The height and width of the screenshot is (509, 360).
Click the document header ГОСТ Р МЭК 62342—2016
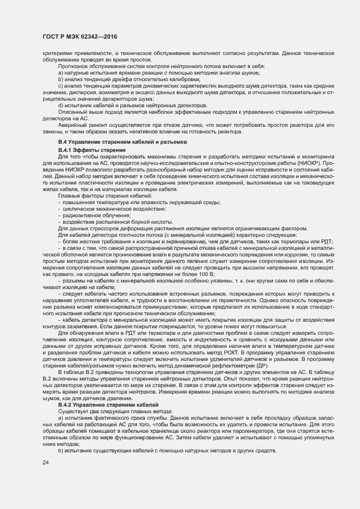click(79, 36)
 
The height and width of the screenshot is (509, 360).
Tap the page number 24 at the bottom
click(46, 463)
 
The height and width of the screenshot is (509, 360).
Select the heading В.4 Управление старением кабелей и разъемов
click(115, 142)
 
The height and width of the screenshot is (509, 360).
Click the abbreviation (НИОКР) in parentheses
click(309, 162)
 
